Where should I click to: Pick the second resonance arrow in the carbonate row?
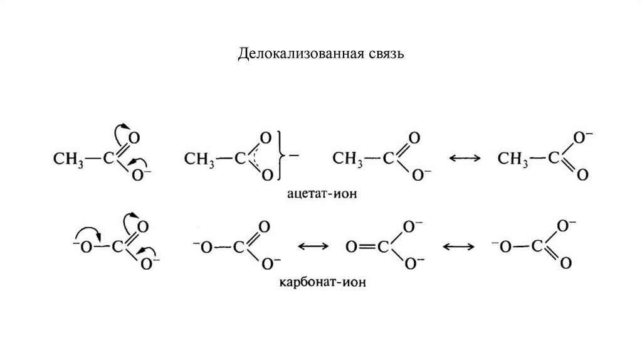[458, 246]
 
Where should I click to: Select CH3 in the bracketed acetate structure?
[199, 159]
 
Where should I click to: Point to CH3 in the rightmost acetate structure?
[512, 159]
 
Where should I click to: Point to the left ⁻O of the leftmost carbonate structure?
[81, 246]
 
